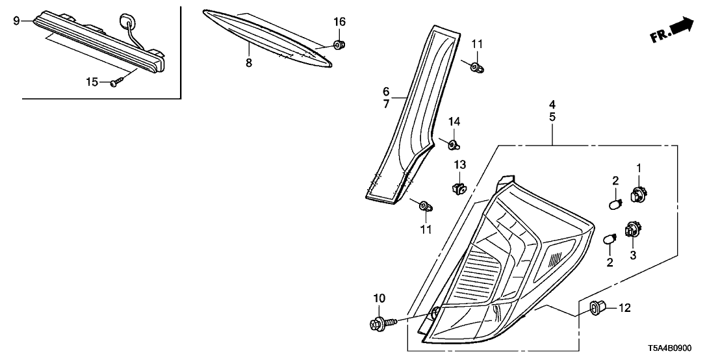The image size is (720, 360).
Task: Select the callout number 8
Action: [248, 63]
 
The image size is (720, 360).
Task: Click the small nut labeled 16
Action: [339, 45]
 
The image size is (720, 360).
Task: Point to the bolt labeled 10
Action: [379, 322]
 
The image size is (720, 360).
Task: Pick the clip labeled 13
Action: [459, 188]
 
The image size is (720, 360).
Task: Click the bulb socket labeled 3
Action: [632, 231]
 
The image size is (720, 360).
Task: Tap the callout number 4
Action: [552, 104]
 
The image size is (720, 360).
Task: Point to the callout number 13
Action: [459, 164]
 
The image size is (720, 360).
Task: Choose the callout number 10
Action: [379, 298]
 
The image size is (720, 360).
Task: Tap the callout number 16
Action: [339, 22]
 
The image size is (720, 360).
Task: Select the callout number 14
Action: [454, 122]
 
